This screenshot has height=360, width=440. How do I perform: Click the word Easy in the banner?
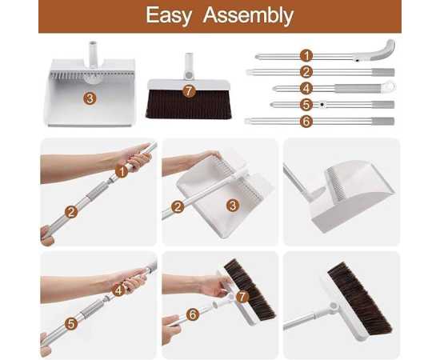click(x=169, y=15)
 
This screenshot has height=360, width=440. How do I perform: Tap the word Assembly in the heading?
click(x=248, y=15)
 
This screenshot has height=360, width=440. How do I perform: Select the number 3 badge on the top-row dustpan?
click(x=90, y=98)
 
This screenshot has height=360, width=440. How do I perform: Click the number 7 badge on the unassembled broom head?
click(x=189, y=91)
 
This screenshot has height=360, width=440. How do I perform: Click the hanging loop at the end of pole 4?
click(x=388, y=86)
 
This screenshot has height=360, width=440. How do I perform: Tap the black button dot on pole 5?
click(x=322, y=104)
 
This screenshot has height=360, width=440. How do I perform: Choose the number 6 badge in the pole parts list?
click(x=306, y=122)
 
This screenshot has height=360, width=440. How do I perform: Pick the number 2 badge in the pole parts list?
click(x=306, y=72)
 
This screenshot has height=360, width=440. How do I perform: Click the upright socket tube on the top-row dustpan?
click(x=93, y=54)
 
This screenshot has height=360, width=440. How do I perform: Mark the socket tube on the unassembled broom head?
click(x=189, y=65)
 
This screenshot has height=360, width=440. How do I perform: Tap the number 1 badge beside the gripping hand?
click(x=122, y=171)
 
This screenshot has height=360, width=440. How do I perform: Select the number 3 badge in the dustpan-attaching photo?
click(x=233, y=206)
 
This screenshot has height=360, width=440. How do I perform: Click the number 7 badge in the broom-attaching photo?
click(x=242, y=296)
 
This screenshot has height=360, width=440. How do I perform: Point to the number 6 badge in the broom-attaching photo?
click(x=193, y=314)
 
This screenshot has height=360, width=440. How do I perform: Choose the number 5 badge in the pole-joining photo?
click(x=71, y=323)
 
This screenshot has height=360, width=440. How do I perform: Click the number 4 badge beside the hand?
click(x=118, y=290)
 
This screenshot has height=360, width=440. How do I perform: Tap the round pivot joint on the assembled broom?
click(x=334, y=306)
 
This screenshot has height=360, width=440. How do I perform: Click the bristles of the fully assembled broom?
click(x=360, y=298)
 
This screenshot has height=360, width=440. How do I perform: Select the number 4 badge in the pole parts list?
click(x=306, y=88)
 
